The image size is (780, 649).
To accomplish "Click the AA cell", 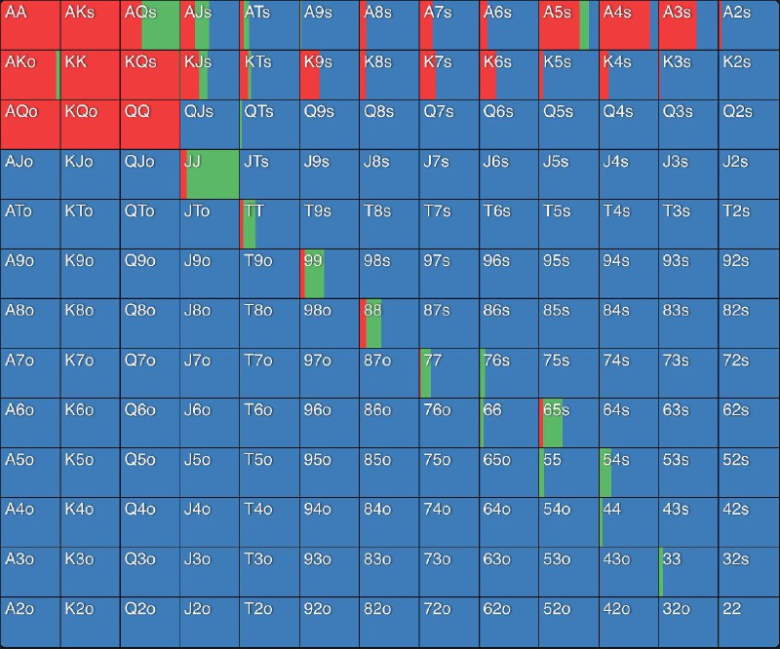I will pyautogui.click(x=30, y=25).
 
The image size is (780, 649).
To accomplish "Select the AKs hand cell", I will pyautogui.click(x=90, y=25).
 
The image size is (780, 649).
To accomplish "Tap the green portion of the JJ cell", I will pyautogui.click(x=214, y=174).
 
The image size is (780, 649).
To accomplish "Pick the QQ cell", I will pyautogui.click(x=149, y=125).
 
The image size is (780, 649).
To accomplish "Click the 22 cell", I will pyautogui.click(x=749, y=620).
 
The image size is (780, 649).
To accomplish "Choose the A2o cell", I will pyautogui.click(x=30, y=620).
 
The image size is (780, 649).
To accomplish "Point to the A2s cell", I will pyautogui.click(x=749, y=25).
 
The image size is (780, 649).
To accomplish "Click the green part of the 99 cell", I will pyautogui.click(x=315, y=274).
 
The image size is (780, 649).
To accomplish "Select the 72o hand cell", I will pyautogui.click(x=448, y=620).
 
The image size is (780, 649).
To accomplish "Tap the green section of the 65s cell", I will pyautogui.click(x=554, y=423).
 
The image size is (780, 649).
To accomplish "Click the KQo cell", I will pyautogui.click(x=90, y=125).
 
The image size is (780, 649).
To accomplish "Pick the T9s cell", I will pyautogui.click(x=329, y=224).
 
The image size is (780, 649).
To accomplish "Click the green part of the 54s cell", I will pyautogui.click(x=605, y=473).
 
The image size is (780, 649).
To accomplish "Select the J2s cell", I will pyautogui.click(x=749, y=174).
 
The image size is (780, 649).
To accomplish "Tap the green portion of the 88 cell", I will pyautogui.click(x=373, y=324).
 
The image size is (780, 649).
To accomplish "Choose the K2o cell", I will pyautogui.click(x=90, y=620).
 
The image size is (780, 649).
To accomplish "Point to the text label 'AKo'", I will pyautogui.click(x=20, y=61).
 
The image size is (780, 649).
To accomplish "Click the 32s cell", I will pyautogui.click(x=749, y=570).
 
